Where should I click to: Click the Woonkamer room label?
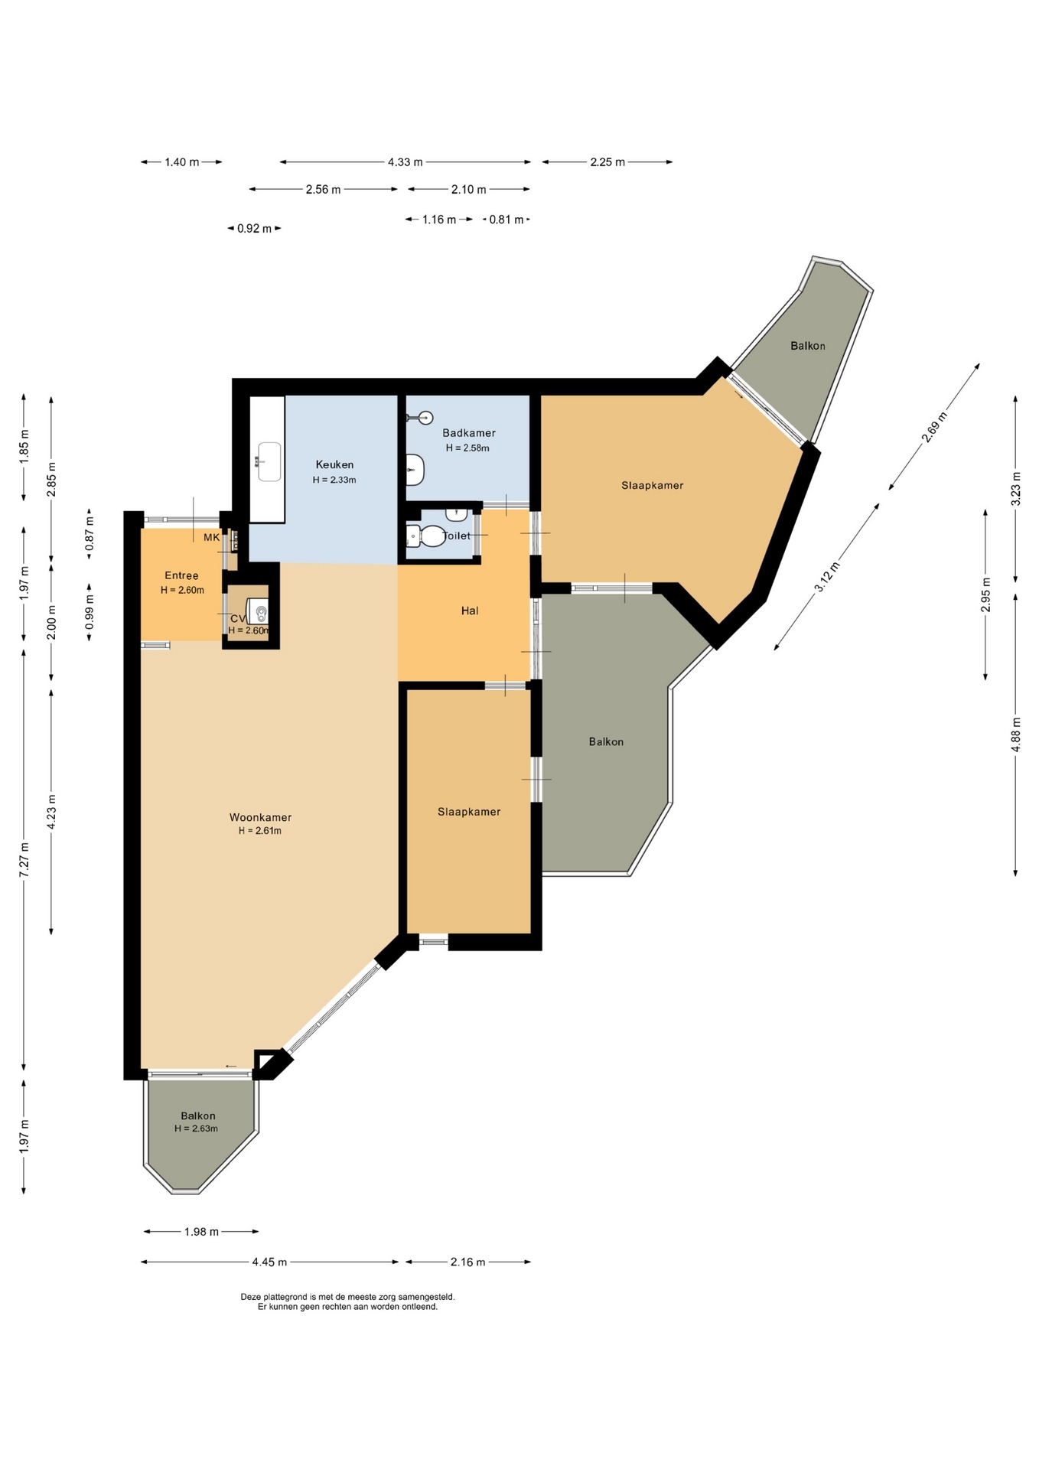tap(260, 817)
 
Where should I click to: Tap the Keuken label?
tap(334, 464)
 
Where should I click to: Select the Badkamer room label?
tap(469, 433)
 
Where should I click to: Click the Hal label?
tap(470, 611)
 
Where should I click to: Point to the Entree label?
tap(181, 575)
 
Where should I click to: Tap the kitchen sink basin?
tap(269, 461)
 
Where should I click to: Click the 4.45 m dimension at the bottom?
tap(269, 1262)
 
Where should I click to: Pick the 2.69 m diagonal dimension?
tap(933, 428)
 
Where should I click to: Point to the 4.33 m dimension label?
tap(405, 162)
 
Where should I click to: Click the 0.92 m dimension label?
tap(254, 228)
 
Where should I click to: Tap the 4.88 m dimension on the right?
tap(1016, 734)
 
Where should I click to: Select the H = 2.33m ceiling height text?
tap(334, 480)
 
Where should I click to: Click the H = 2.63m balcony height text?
tap(196, 1129)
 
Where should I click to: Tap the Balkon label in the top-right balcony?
tap(808, 346)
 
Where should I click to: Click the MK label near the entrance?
tap(211, 537)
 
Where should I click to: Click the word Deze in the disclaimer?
tap(250, 1297)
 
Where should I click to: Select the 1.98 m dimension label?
tap(201, 1231)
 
